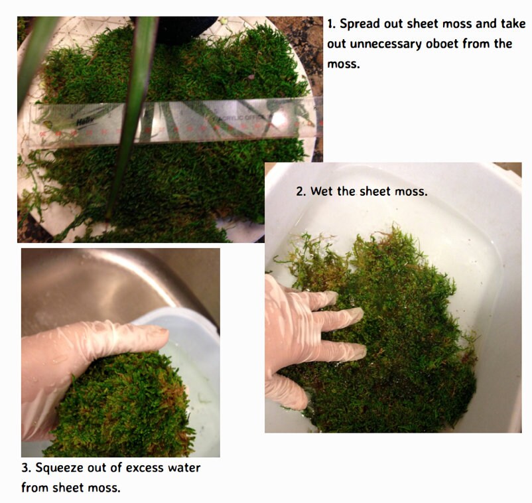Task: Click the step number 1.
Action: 331,25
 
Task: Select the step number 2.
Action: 300,192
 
